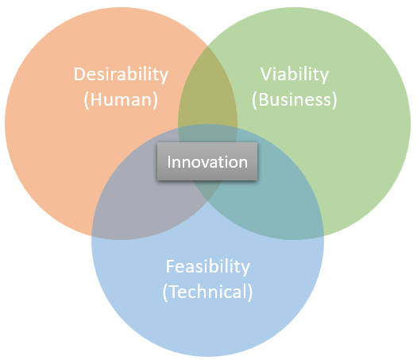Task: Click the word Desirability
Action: tap(121, 75)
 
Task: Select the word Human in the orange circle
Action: tap(121, 100)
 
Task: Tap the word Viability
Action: tap(295, 75)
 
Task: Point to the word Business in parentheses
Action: tap(295, 100)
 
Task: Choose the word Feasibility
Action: tap(208, 267)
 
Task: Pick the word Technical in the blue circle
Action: tap(207, 292)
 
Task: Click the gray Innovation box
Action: tap(207, 161)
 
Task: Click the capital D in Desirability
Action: tap(79, 74)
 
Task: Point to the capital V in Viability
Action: tap(266, 74)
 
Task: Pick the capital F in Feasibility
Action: tap(170, 266)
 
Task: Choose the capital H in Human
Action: tap(96, 100)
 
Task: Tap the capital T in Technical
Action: tap(173, 292)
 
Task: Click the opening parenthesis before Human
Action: tap(86, 100)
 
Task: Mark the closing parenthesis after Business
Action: tap(334, 100)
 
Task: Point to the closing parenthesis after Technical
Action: tap(249, 292)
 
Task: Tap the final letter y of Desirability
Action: tap(164, 76)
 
